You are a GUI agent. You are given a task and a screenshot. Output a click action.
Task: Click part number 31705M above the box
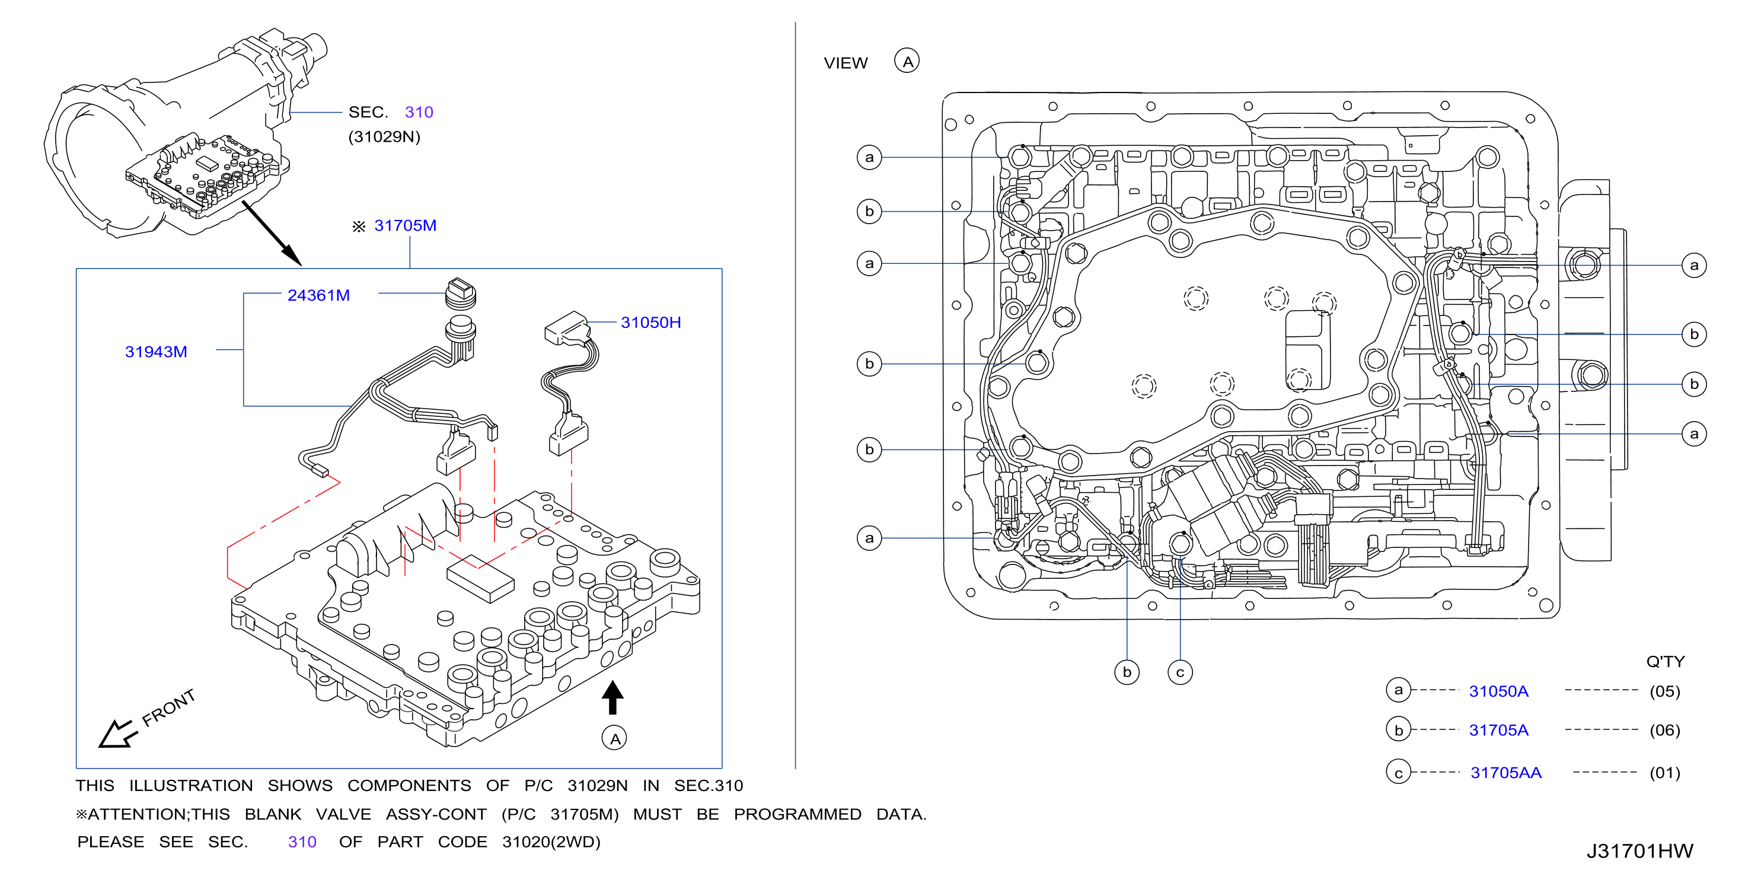[x=405, y=226]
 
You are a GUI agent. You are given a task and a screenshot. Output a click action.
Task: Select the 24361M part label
[x=318, y=295]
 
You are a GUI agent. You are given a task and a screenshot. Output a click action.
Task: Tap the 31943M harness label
[x=156, y=352]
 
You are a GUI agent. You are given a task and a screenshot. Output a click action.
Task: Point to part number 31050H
[x=651, y=323]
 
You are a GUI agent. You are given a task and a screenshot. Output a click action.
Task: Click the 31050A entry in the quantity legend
[x=1498, y=691]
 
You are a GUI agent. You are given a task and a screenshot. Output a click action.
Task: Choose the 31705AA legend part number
[x=1506, y=773]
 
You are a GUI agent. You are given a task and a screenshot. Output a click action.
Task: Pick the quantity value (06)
[x=1664, y=730]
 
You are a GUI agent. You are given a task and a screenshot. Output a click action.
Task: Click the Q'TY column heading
[x=1666, y=661]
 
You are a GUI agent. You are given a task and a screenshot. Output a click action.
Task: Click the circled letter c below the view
[x=1180, y=672]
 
